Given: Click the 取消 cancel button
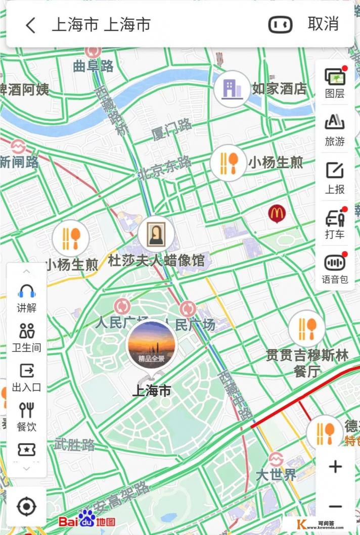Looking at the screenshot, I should pyautogui.click(x=323, y=24).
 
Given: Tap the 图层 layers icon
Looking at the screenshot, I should pyautogui.click(x=335, y=77).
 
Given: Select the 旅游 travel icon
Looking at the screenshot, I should pyautogui.click(x=335, y=123).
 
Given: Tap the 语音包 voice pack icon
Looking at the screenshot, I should pyautogui.click(x=335, y=263).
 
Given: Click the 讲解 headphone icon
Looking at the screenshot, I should pyautogui.click(x=26, y=291).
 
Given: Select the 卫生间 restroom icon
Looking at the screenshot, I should pyautogui.click(x=26, y=331).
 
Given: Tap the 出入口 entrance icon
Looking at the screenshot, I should pyautogui.click(x=26, y=371).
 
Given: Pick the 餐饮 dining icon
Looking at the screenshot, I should pyautogui.click(x=26, y=410).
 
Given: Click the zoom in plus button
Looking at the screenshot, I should pyautogui.click(x=335, y=466).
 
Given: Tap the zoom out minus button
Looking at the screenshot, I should pyautogui.click(x=335, y=506).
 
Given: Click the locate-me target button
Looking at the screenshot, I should pyautogui.click(x=26, y=506).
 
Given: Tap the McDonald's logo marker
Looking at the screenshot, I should pyautogui.click(x=277, y=214).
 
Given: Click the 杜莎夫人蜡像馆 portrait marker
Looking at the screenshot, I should pyautogui.click(x=156, y=234).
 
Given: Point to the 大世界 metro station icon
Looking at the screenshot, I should pyautogui.click(x=276, y=459).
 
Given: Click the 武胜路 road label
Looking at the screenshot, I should pyautogui.click(x=74, y=445).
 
